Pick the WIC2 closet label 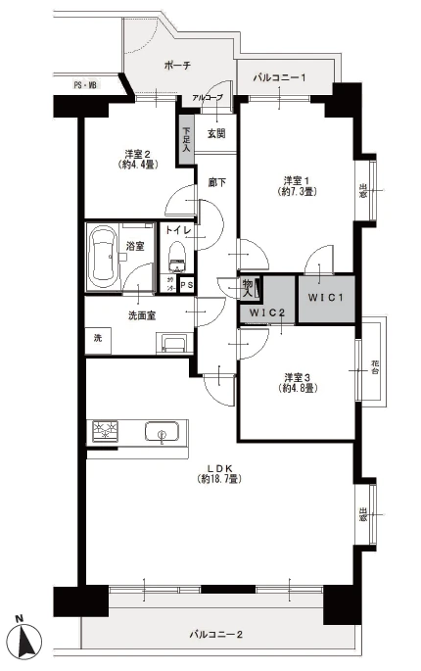coord(266,312)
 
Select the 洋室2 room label coord(138,158)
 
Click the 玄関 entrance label coord(215,133)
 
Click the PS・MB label coord(85,86)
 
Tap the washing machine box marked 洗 coord(98,338)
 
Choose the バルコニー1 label coord(280,76)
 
